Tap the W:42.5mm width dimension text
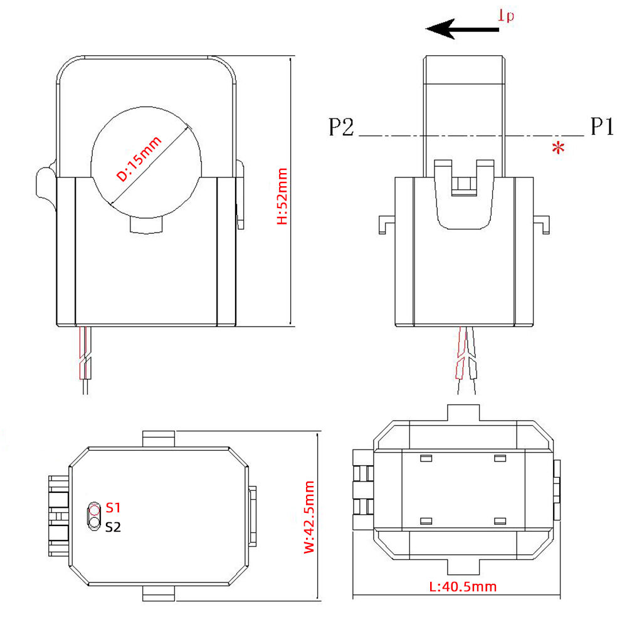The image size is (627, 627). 308,517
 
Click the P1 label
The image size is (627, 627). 601,127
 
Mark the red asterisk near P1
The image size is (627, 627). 557,149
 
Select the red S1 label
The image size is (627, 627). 113,507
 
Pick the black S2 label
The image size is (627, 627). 113,527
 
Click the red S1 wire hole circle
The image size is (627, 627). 94,508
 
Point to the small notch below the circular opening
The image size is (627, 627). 147,225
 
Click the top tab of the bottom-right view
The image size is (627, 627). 463,413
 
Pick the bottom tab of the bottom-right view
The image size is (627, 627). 463,567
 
